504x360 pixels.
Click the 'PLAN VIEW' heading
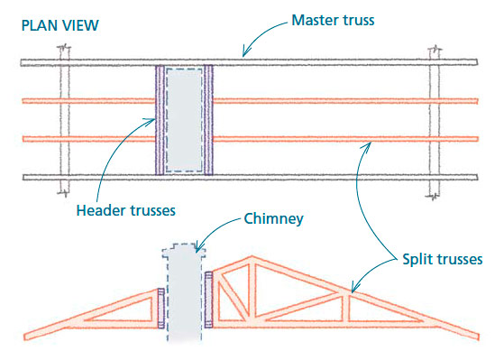click(x=56, y=24)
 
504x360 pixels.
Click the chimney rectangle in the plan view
click(x=185, y=118)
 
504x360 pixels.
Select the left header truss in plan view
click(x=160, y=118)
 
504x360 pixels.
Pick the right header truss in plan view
click(x=209, y=118)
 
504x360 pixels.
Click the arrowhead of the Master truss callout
click(x=241, y=56)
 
